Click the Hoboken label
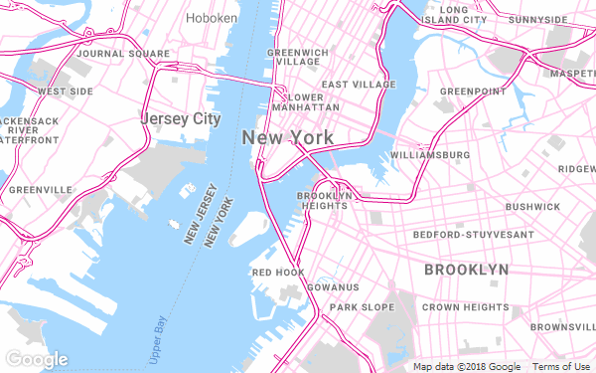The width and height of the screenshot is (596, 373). (x=213, y=18)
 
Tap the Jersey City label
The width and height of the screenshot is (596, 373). (x=180, y=119)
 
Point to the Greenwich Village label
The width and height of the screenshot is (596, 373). (x=296, y=56)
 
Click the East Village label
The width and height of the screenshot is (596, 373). (x=359, y=85)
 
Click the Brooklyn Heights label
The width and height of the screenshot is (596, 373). (x=327, y=201)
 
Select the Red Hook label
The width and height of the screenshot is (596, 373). (x=277, y=272)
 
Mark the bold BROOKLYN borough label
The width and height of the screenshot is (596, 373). (x=466, y=270)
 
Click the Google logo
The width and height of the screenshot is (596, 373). (x=36, y=358)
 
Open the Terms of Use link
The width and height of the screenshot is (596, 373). (x=561, y=366)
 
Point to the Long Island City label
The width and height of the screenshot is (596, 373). (x=454, y=14)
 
